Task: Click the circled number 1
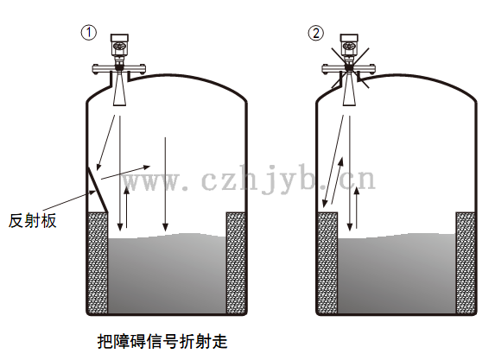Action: point(89,33)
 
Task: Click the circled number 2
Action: point(316,33)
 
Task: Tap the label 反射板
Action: point(33,220)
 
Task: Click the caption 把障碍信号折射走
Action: point(162,341)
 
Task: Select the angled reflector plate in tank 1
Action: point(98,190)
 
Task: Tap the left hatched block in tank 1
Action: point(98,263)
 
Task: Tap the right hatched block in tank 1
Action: point(236,263)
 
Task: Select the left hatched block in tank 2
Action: point(327,263)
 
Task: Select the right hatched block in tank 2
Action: point(466,263)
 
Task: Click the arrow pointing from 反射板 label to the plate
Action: point(69,200)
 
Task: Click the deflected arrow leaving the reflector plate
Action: point(125,173)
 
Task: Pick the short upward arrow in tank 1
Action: point(127,206)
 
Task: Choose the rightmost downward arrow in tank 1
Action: point(165,184)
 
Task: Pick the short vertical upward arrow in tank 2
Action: point(357,207)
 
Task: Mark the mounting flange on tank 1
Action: point(119,68)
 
